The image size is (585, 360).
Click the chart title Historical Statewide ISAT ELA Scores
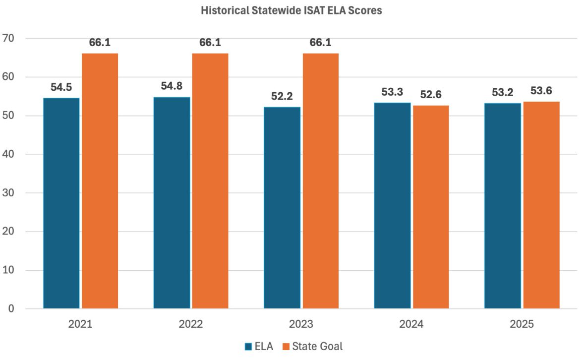292,10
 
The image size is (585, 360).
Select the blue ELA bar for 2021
61,203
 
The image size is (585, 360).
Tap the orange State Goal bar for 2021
100,181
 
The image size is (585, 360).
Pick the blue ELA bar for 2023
282,208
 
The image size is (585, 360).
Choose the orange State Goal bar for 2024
431,207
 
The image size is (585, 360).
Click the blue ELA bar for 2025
503,206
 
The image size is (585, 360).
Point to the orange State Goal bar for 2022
210,181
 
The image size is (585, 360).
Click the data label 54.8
172,86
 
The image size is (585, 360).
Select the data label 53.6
541,91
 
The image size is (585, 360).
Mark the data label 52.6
431,94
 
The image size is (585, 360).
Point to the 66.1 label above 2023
320,43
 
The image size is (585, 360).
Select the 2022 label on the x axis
190,324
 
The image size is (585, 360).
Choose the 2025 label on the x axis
522,324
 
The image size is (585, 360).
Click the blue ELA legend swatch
248,346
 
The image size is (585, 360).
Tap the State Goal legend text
318,346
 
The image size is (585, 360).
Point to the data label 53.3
392,91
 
